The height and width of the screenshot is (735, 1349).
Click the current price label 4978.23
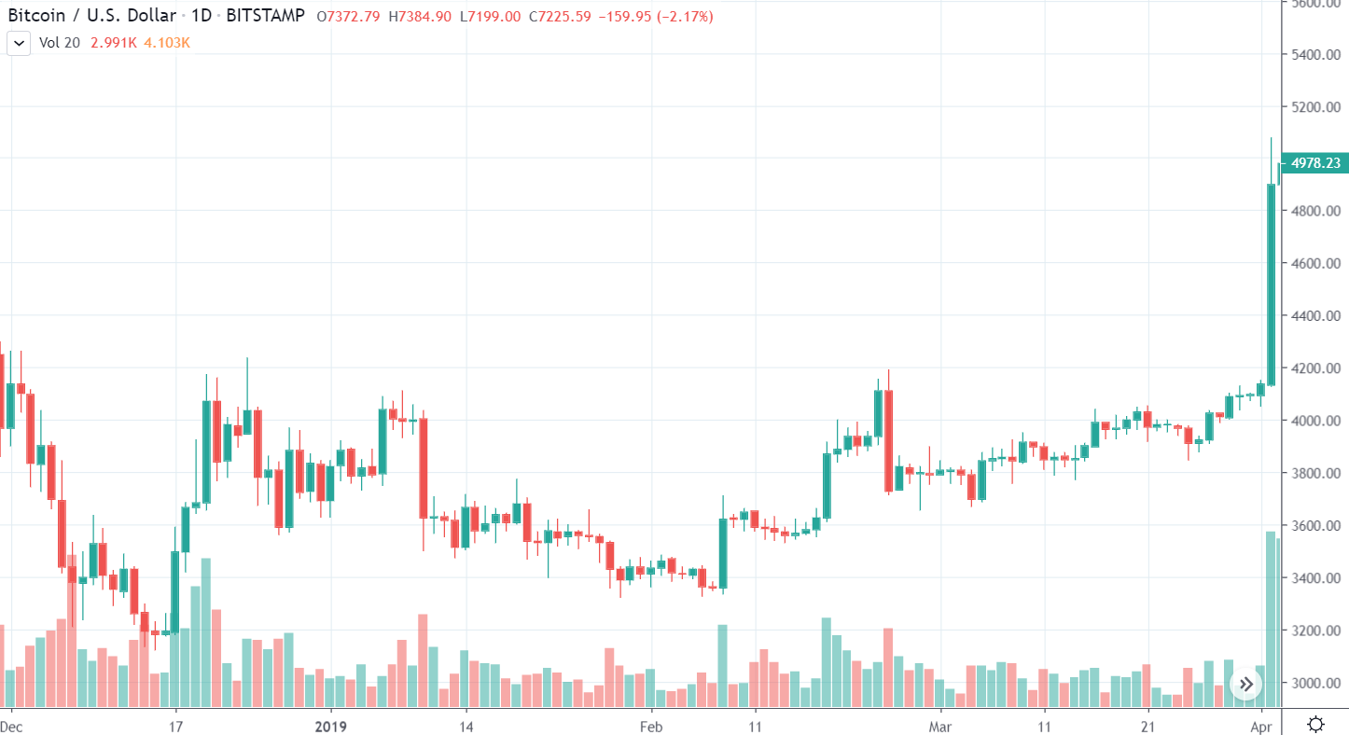(1315, 163)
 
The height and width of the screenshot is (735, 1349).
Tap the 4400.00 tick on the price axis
(1315, 316)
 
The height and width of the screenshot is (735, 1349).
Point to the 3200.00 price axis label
(1315, 631)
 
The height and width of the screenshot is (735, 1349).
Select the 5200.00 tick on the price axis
(1315, 107)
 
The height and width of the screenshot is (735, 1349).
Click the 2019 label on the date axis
(330, 726)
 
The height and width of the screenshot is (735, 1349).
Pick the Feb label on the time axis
(650, 726)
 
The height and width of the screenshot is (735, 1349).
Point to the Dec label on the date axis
(11, 726)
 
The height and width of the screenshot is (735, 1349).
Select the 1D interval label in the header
(202, 16)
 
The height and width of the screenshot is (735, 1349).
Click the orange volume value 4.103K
(167, 42)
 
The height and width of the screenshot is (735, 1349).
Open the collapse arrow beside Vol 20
(19, 43)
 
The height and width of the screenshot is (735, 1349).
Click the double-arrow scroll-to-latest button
(1246, 685)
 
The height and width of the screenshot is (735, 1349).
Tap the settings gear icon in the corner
(1315, 724)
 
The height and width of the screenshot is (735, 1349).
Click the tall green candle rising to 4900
(1271, 280)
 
